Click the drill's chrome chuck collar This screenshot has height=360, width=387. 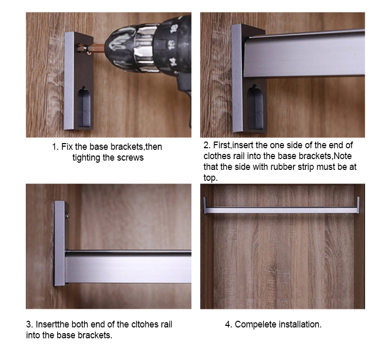coord(146,48)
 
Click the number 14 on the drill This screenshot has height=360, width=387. coord(173,61)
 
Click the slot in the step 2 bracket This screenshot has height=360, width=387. coord(255,106)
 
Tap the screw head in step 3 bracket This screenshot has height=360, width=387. coord(67,216)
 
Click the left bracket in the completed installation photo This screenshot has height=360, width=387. coord(205,205)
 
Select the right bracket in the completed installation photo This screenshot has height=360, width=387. coord(358,205)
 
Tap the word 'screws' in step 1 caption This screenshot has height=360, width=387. coord(131,158)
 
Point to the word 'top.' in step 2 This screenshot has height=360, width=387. coord(211,178)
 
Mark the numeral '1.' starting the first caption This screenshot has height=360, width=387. coord(55,147)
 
